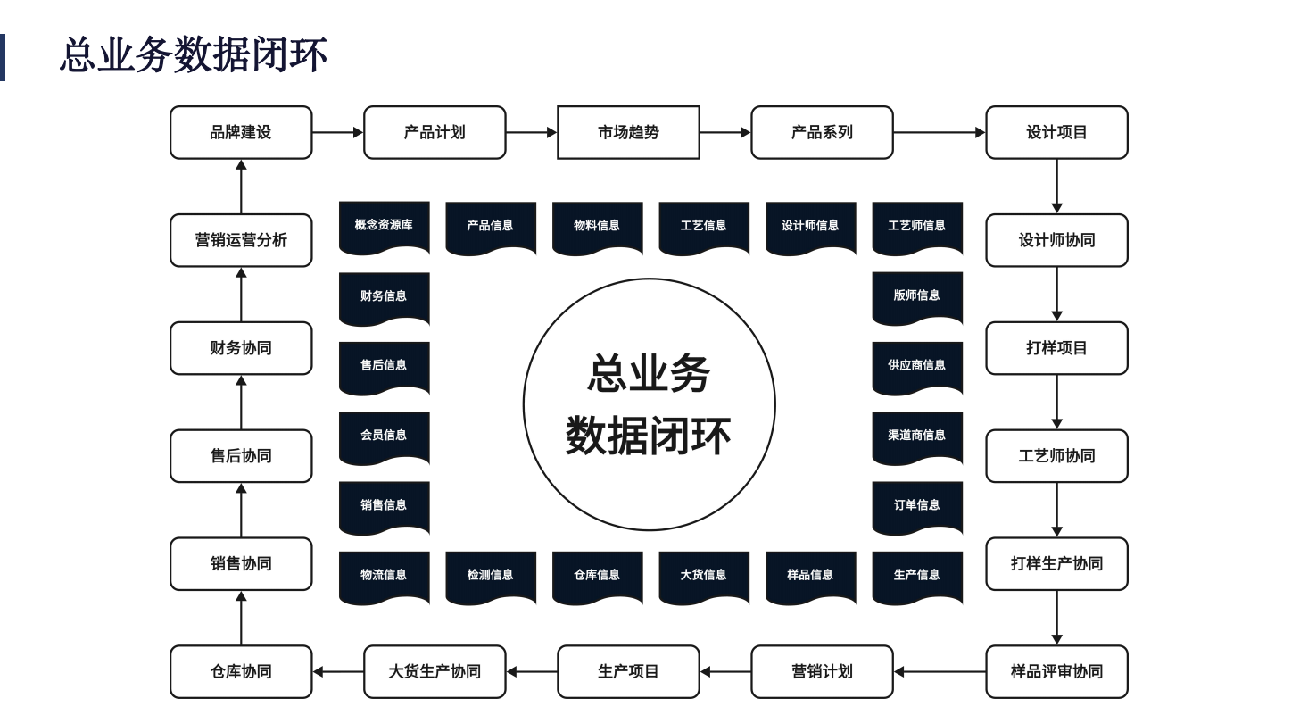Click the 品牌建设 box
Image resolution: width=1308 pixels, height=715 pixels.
241,132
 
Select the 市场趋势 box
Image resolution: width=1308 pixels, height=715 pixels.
628,132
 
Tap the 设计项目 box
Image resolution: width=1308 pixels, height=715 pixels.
1056,132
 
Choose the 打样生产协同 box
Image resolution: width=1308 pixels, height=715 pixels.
1056,563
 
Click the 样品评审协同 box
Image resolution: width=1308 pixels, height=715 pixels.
1056,671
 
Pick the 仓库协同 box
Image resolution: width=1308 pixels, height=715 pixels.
241,671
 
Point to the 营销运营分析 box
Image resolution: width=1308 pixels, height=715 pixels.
241,240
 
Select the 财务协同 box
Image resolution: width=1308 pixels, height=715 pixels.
241,348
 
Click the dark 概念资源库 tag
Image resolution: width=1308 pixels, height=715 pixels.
384,227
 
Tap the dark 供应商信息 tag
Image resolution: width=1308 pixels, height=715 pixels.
917,366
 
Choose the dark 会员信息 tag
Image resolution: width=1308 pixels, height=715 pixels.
384,436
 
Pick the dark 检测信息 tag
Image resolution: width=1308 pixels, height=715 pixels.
490,576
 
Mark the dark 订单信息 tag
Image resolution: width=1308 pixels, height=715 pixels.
917,506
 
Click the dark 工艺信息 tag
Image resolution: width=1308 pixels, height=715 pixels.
704,227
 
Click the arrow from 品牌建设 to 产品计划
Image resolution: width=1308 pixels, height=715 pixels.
337,132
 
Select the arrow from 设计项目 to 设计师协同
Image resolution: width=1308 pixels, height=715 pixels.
1056,186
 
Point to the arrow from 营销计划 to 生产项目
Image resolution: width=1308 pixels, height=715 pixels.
725,671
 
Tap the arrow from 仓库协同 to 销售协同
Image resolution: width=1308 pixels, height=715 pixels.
241,618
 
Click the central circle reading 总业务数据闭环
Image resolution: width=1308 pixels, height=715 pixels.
649,404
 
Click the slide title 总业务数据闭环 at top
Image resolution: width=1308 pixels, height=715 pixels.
193,55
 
